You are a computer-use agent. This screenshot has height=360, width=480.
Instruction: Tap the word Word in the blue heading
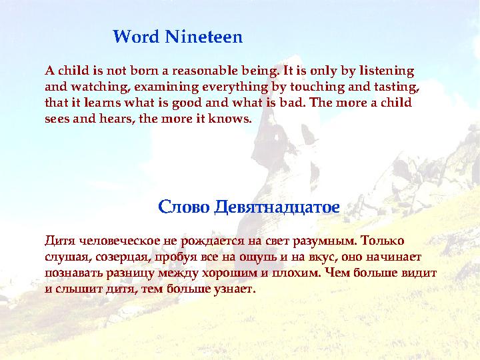pos(136,37)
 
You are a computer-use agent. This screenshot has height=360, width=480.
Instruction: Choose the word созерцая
pos(115,257)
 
